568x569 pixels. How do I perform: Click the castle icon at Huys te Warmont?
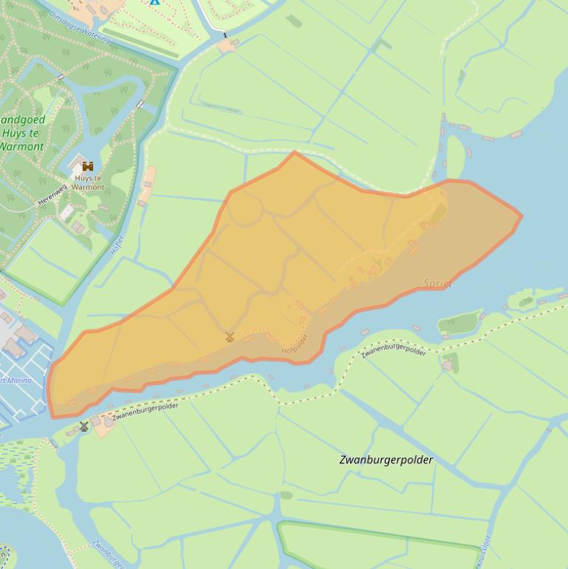coord(88,166)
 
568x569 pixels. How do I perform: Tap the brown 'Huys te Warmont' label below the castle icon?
coord(89,183)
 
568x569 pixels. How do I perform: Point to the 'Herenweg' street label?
coord(53,194)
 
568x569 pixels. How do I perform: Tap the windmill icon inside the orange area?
coord(230,337)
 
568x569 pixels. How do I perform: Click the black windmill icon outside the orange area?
coord(84,426)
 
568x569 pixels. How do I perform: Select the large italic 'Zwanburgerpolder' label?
coord(386,460)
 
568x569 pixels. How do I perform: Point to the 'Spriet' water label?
coord(438,283)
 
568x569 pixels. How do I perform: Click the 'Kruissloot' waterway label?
coord(488,551)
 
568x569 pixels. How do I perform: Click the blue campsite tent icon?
coord(154,1)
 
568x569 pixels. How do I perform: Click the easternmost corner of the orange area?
coord(521,217)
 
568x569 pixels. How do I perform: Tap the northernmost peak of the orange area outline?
coord(295,152)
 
